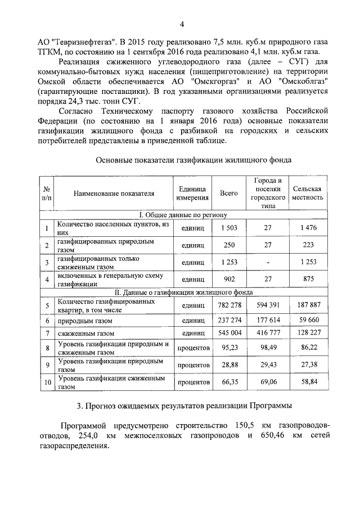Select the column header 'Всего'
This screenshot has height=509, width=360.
[229, 193]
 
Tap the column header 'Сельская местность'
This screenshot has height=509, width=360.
[308, 193]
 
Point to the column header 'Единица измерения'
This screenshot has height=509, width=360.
[192, 193]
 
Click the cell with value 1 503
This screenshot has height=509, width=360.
[229, 227]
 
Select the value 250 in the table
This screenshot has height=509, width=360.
[229, 245]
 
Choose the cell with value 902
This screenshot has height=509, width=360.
[229, 278]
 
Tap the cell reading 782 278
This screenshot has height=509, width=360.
[229, 304]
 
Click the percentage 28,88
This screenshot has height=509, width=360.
[229, 365]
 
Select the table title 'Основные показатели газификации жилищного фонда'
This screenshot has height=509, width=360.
[193, 160]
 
